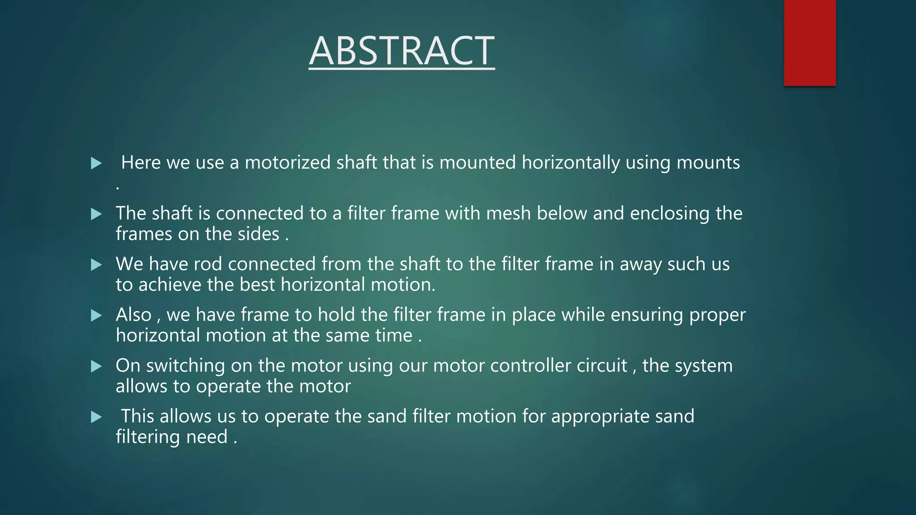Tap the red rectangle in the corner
click(x=810, y=43)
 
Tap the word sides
click(x=258, y=234)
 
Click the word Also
click(x=133, y=315)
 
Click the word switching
click(x=185, y=366)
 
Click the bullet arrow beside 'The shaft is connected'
click(x=96, y=214)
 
